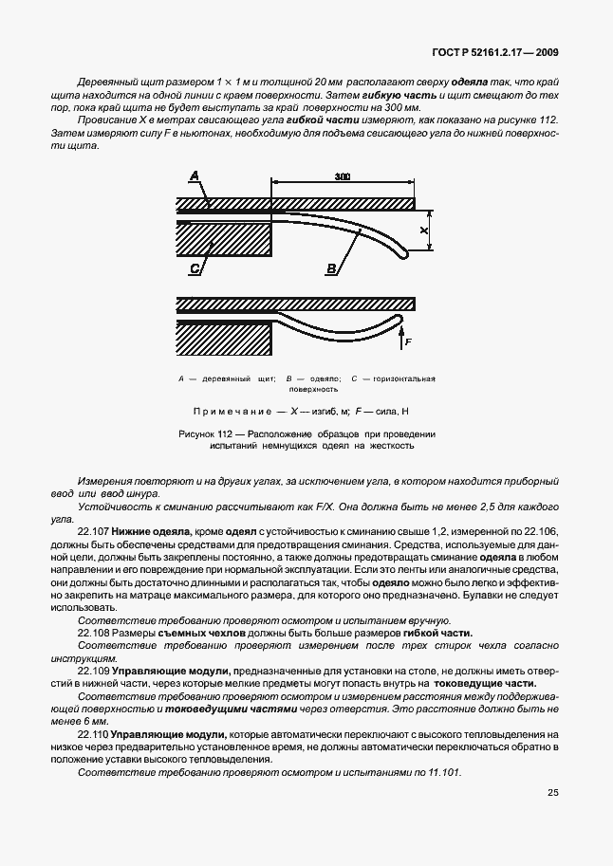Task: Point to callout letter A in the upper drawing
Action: pyautogui.click(x=194, y=175)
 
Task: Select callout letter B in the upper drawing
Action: pyautogui.click(x=331, y=268)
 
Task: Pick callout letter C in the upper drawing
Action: pyautogui.click(x=194, y=268)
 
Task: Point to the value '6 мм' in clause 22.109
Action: pyautogui.click(x=92, y=721)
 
